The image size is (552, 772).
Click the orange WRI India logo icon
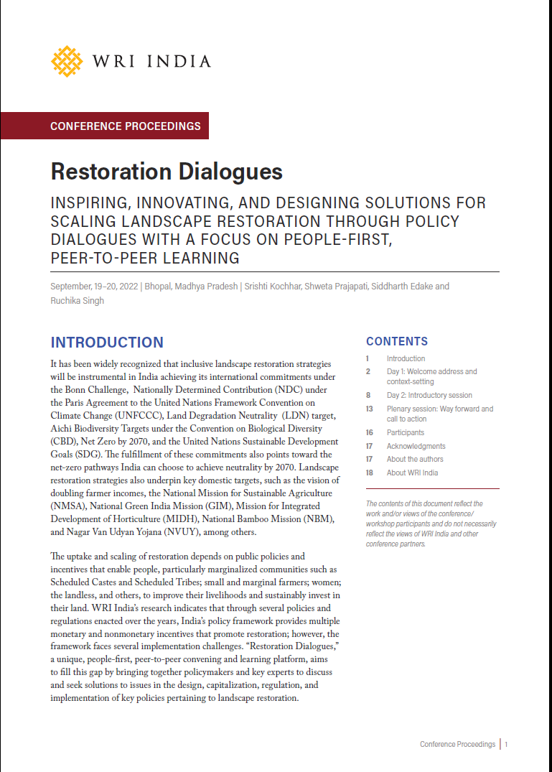pyautogui.click(x=67, y=61)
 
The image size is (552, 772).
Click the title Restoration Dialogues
pyautogui.click(x=167, y=172)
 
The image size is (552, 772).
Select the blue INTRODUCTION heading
pyautogui.click(x=107, y=343)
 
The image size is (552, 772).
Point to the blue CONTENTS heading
pyautogui.click(x=397, y=341)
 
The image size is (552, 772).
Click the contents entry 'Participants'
pyautogui.click(x=405, y=432)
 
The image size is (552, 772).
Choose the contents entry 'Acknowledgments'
pyautogui.click(x=416, y=446)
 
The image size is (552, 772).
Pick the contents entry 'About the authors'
pyautogui.click(x=415, y=459)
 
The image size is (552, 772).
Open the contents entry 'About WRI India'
pyautogui.click(x=412, y=473)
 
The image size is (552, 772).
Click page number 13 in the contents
pyautogui.click(x=369, y=409)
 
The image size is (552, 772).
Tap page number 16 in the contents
pyautogui.click(x=369, y=432)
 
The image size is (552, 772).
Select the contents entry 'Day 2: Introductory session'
pyautogui.click(x=429, y=395)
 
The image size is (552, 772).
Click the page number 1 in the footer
pyautogui.click(x=506, y=745)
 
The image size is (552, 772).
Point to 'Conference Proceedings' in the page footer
pyautogui.click(x=457, y=745)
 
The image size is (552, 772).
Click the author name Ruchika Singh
pyautogui.click(x=77, y=301)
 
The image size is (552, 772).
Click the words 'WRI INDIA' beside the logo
pyautogui.click(x=152, y=61)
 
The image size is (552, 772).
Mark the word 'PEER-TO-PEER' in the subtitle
pyautogui.click(x=94, y=257)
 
